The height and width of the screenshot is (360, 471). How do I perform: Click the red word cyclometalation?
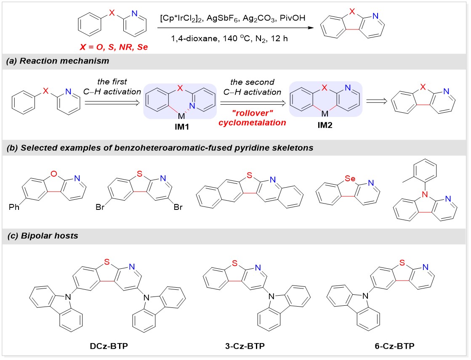click(x=253, y=122)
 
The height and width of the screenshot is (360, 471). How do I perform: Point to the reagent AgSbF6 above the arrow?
click(x=238, y=18)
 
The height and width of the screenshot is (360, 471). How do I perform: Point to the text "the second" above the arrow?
click(x=253, y=82)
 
